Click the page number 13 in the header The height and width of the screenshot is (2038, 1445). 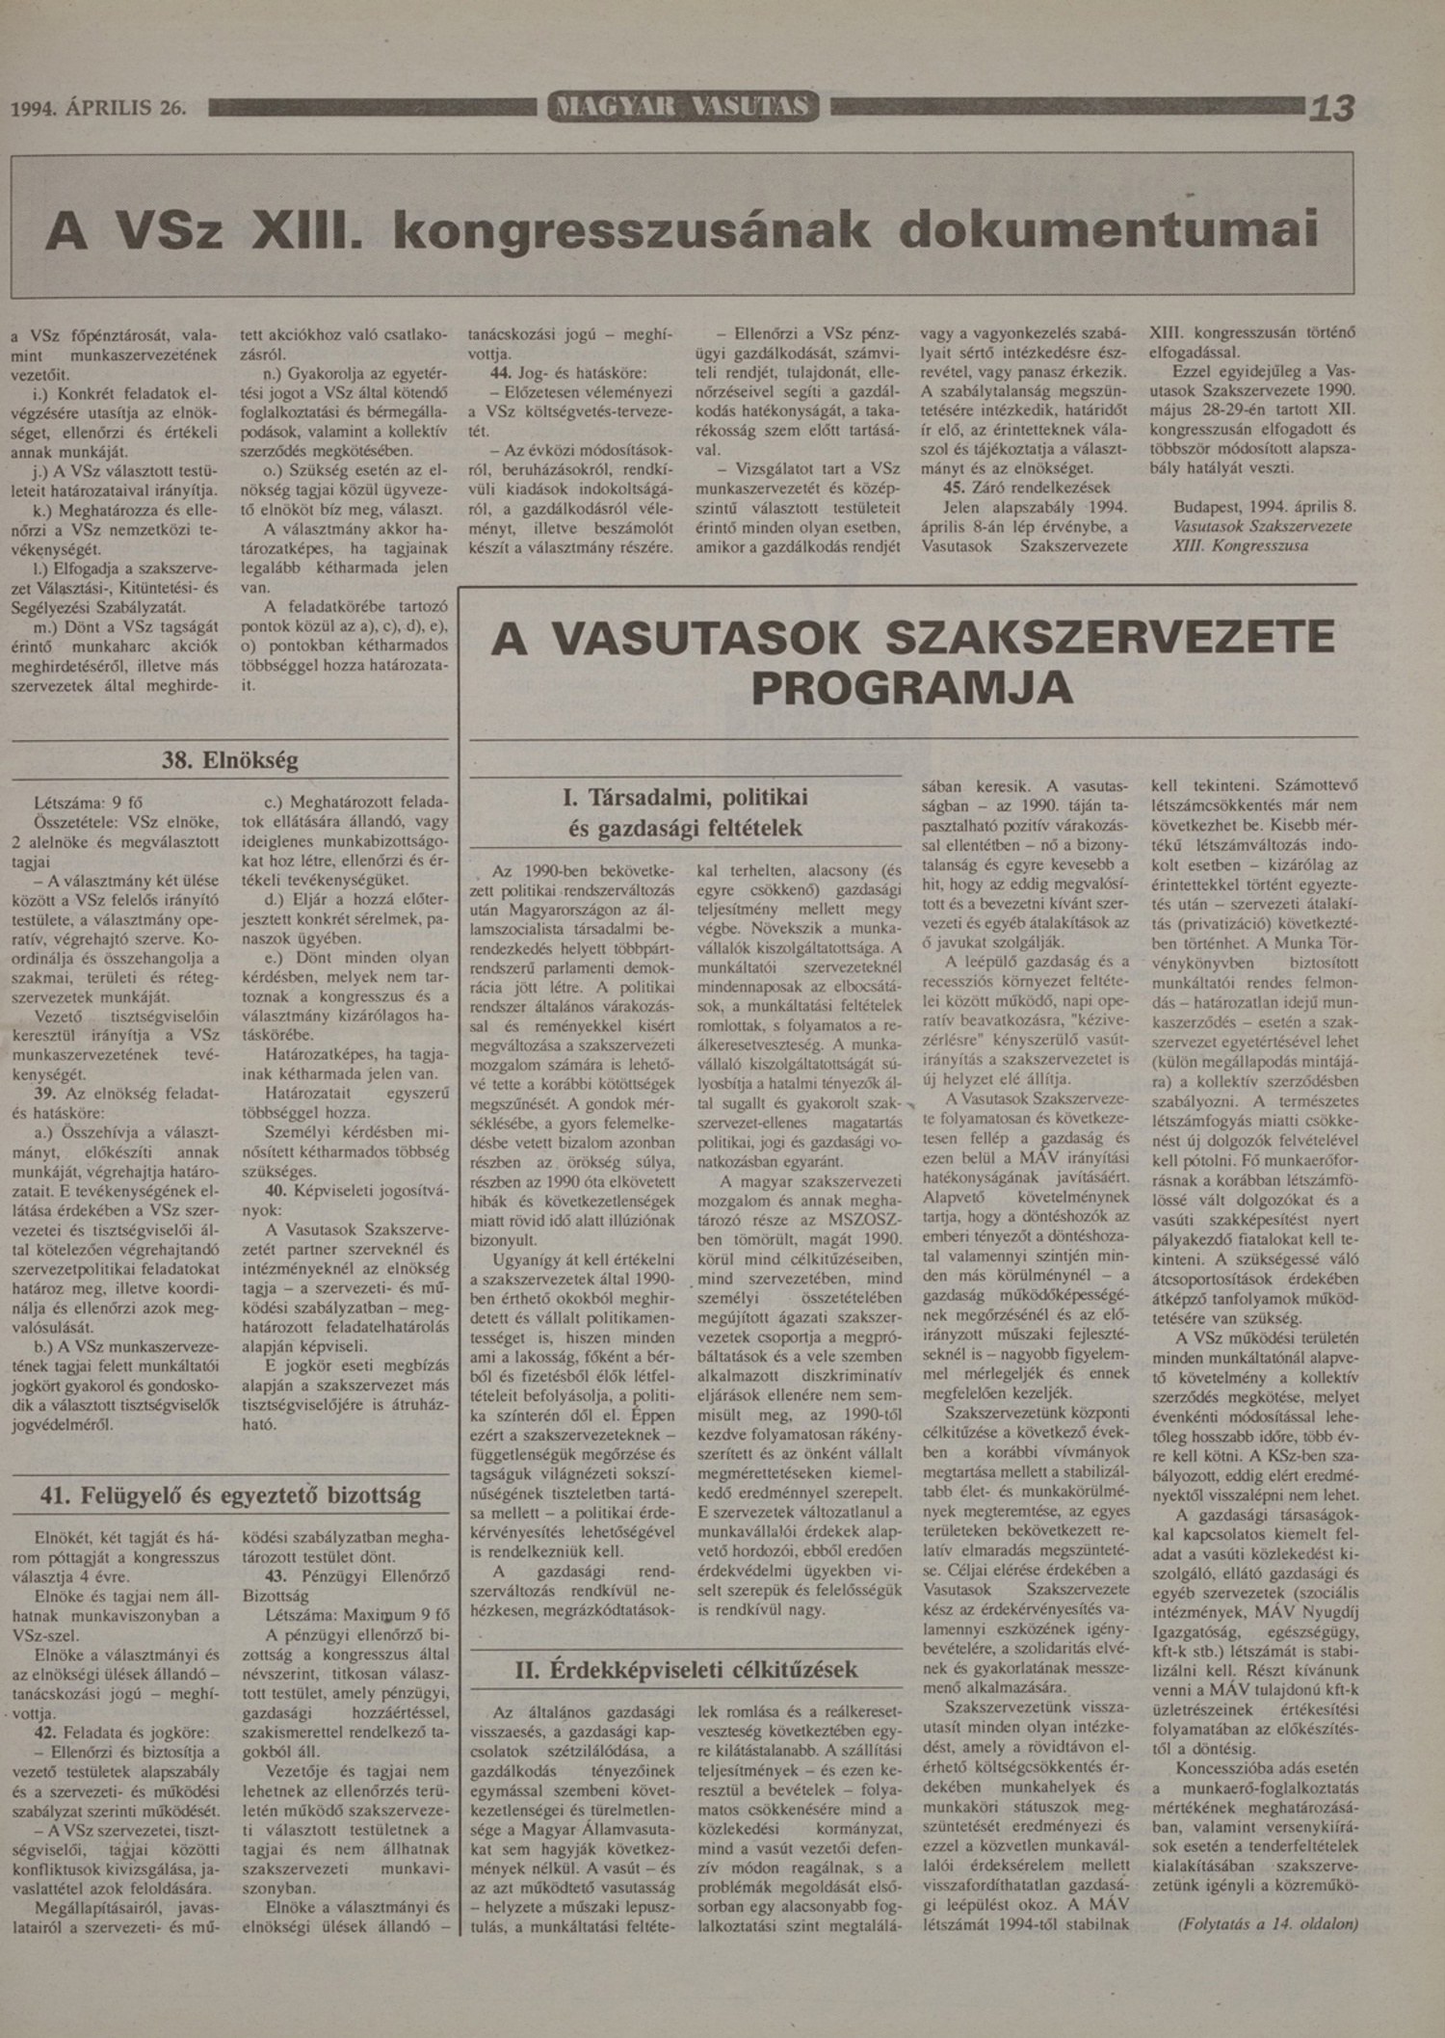[x=1331, y=108]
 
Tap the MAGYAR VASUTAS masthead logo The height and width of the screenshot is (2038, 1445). [x=684, y=106]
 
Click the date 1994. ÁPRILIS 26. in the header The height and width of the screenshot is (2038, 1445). [x=97, y=108]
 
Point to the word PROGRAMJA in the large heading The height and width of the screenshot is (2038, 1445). [x=911, y=687]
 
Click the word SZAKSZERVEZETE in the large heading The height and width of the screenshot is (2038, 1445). [x=1109, y=639]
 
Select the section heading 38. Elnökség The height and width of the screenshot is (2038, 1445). [x=230, y=759]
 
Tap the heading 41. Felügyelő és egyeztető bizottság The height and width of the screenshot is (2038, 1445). [x=230, y=1495]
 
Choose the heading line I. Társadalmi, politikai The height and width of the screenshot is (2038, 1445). [x=685, y=798]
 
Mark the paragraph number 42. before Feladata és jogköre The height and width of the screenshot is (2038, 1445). [x=44, y=1731]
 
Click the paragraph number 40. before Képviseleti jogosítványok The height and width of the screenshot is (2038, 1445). [x=277, y=1190]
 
